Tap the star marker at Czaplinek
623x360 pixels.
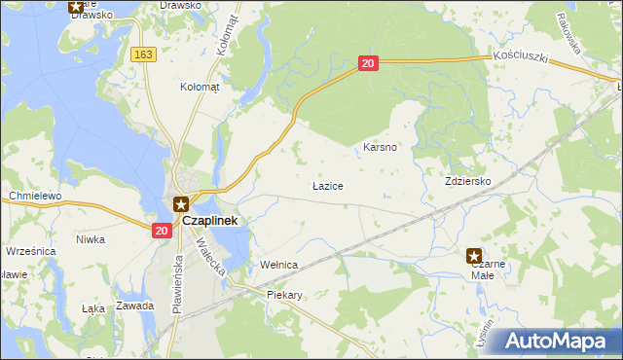(181, 203)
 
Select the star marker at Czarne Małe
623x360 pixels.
(474, 255)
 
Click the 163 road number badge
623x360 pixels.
(144, 54)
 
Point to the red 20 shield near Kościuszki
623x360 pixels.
(367, 64)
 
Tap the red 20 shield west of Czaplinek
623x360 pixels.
(162, 231)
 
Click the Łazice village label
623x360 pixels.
(327, 185)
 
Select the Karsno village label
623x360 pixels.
(379, 147)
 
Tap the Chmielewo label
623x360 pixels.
(35, 196)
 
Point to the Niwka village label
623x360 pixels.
(91, 239)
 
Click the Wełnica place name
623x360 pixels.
(278, 265)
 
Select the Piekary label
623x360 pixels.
(284, 295)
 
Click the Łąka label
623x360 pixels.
(93, 308)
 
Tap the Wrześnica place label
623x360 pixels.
(28, 251)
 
